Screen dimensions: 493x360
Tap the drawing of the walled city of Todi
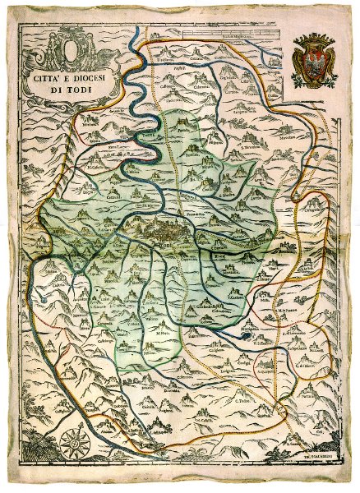coord(168,230)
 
